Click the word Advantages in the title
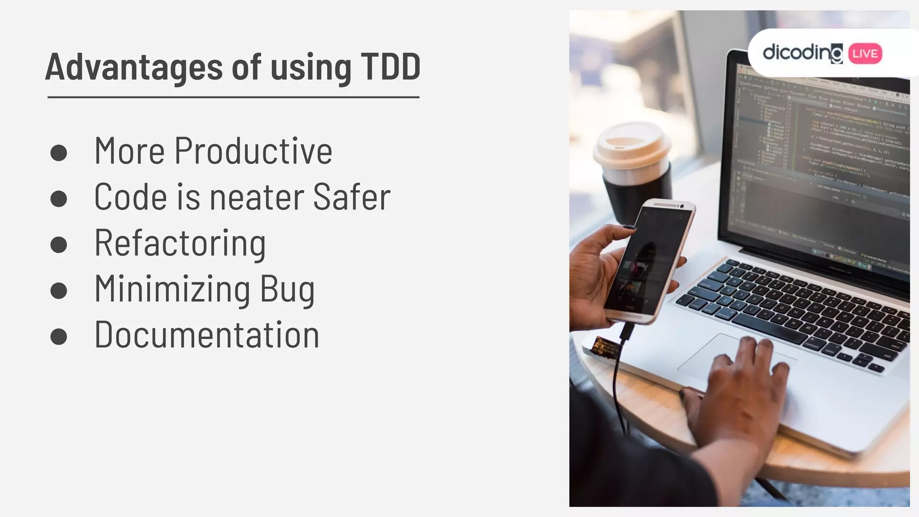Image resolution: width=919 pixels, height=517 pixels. [x=134, y=67]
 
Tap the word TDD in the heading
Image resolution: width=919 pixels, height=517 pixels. [x=390, y=67]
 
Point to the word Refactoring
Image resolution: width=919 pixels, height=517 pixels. [x=180, y=243]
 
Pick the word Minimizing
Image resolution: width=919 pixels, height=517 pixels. [x=173, y=289]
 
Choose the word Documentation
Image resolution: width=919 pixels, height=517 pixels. [x=207, y=335]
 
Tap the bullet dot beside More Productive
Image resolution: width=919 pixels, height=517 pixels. [x=59, y=153]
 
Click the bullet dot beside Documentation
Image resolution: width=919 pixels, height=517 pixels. [x=59, y=337]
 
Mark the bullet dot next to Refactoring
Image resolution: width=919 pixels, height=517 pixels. [x=59, y=245]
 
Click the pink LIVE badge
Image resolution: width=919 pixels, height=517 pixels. [x=865, y=54]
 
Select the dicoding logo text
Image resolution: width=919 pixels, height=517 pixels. [x=802, y=53]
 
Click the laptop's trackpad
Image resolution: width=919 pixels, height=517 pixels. [x=718, y=359]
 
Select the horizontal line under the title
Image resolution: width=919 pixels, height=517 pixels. [x=233, y=97]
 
